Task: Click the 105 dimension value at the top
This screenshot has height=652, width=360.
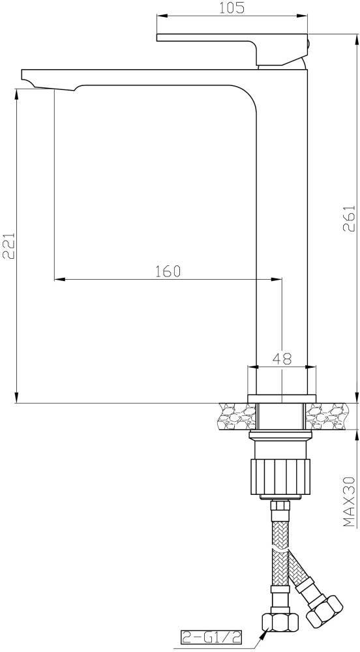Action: [232, 7]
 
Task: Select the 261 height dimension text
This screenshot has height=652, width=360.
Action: [349, 220]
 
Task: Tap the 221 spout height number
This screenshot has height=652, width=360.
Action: [9, 245]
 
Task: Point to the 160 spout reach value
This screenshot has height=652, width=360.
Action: [168, 271]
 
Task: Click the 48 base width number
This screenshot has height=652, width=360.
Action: [282, 358]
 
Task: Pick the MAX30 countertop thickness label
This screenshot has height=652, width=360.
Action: [350, 501]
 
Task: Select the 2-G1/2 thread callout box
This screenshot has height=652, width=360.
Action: [211, 636]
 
